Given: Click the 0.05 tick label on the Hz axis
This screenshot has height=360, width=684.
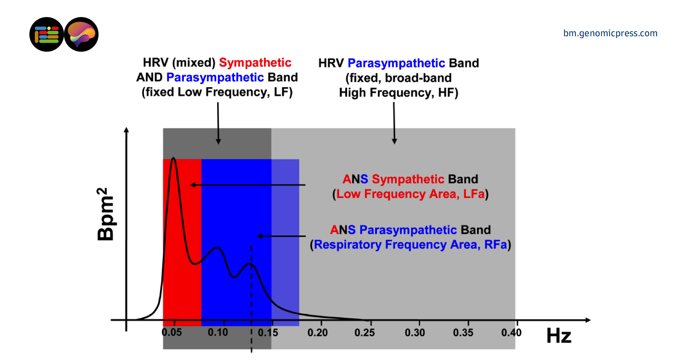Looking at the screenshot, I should [172, 332].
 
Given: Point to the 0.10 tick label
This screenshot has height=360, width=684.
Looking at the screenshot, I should [218, 332].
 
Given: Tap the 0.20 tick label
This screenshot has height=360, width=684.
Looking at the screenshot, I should [317, 332].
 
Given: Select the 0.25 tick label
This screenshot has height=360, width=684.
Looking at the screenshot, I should [365, 332].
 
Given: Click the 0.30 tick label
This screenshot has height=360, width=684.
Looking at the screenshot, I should [415, 332].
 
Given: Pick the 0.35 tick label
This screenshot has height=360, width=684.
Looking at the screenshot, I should [463, 332].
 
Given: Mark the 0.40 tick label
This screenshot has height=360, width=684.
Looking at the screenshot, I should [511, 332].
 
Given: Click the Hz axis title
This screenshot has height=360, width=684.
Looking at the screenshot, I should [559, 335].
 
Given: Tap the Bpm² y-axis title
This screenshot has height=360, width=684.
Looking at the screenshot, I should [105, 214].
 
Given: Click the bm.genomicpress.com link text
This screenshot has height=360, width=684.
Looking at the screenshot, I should [610, 33].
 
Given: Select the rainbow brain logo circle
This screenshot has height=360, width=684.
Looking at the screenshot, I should [81, 34].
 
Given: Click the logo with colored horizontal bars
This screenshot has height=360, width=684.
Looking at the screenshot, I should [46, 34].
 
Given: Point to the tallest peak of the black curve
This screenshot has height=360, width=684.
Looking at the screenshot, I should [173, 158].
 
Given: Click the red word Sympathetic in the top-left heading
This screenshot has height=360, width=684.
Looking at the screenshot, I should [255, 63].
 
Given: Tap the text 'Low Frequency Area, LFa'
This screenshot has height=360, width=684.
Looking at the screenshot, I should [410, 194].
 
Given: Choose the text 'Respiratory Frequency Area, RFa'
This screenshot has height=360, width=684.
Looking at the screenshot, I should [410, 245].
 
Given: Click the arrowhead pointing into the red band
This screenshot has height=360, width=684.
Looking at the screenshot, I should [193, 185].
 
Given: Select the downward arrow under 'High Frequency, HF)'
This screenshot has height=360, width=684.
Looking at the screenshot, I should [394, 140].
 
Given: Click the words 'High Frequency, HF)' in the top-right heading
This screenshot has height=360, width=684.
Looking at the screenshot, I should [398, 92].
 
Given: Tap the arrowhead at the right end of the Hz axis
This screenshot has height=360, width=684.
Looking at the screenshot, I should [588, 320].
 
